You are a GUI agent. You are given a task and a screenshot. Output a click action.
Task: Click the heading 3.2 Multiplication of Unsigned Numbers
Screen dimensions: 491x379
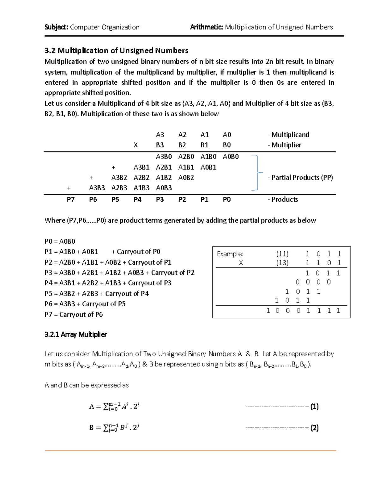(117, 51)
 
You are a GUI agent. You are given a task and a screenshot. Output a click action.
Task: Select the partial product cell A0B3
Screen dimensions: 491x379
(164, 188)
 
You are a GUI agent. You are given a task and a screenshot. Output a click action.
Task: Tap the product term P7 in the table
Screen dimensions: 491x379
(71, 199)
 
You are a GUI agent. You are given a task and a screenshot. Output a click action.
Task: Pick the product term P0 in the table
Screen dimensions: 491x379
(227, 199)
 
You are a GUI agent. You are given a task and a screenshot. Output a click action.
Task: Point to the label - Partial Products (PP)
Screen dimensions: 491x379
(300, 177)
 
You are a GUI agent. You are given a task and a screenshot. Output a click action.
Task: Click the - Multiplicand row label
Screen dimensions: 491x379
(288, 135)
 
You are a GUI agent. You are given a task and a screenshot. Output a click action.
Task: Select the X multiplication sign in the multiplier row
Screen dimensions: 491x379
(135, 145)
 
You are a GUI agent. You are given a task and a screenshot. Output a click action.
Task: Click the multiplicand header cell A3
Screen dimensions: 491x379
(160, 135)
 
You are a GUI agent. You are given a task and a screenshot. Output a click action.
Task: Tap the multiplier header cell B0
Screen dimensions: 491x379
(227, 145)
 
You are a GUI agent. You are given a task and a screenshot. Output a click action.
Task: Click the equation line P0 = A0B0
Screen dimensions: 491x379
(60, 242)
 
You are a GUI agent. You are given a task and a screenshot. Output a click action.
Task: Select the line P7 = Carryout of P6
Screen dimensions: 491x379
(74, 315)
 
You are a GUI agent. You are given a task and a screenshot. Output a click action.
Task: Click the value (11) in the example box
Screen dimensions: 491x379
(282, 254)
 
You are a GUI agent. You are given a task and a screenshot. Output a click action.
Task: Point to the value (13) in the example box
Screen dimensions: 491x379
(282, 263)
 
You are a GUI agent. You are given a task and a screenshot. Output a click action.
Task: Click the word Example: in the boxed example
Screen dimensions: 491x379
(230, 254)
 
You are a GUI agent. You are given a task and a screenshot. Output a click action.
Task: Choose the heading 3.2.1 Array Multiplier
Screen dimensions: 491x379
(76, 334)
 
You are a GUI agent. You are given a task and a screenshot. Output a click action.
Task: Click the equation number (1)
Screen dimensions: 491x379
(314, 407)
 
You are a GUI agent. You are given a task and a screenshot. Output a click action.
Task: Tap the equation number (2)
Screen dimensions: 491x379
(314, 428)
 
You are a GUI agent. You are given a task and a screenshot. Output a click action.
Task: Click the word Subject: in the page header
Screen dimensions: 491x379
(57, 27)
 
